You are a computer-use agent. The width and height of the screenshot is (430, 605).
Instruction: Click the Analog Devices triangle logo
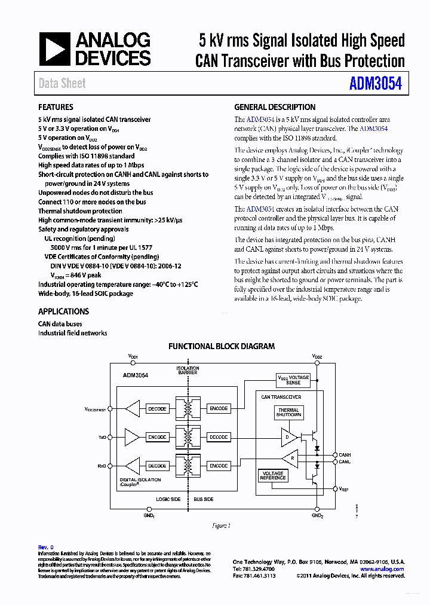[x=55, y=49]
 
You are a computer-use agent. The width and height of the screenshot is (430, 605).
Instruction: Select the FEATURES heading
[x=56, y=108]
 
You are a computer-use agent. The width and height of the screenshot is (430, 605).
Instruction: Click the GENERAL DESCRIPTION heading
[x=275, y=108]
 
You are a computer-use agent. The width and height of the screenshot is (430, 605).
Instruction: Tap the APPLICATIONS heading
[x=63, y=311]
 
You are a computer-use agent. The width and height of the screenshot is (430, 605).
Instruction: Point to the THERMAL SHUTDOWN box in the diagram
[x=289, y=412]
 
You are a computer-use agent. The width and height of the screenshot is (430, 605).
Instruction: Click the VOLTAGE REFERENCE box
[x=272, y=476]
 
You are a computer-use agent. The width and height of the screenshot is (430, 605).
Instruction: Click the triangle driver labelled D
[x=288, y=437]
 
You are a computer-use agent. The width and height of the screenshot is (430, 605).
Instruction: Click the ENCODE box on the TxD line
[x=157, y=437]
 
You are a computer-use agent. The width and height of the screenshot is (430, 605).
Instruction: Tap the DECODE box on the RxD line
[x=157, y=466]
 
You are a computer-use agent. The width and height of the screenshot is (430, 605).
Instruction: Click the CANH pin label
[x=345, y=455]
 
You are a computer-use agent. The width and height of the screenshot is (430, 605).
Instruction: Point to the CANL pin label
[x=345, y=462]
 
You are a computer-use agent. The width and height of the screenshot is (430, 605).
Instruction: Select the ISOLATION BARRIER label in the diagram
[x=187, y=369]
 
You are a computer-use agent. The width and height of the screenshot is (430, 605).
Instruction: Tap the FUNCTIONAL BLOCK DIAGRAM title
[x=222, y=346]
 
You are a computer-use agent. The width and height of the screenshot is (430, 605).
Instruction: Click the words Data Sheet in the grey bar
[x=62, y=84]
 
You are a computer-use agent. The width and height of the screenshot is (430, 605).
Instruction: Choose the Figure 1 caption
[x=221, y=526]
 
